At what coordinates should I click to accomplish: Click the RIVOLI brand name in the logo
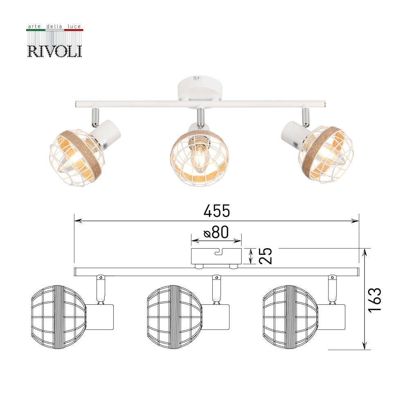[x=54, y=51]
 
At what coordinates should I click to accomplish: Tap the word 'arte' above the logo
[x=34, y=26]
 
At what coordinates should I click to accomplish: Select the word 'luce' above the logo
[x=74, y=26]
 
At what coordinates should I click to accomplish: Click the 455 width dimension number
[x=217, y=211]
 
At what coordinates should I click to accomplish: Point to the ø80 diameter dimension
[x=216, y=232]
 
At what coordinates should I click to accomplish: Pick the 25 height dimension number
[x=265, y=256]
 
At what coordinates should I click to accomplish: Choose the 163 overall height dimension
[x=375, y=300]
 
